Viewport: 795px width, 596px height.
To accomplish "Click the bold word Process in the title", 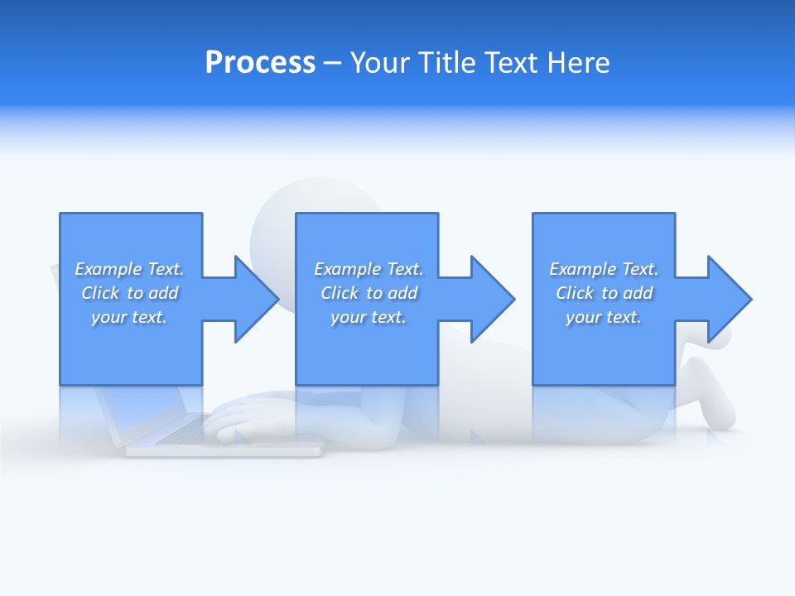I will pyautogui.click(x=260, y=63).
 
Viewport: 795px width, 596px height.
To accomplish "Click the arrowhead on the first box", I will pyautogui.click(x=255, y=299).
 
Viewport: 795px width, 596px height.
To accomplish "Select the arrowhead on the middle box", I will pyautogui.click(x=491, y=299).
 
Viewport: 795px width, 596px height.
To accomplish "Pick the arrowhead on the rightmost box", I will pyautogui.click(x=728, y=299).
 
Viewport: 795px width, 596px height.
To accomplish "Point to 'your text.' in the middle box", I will pyautogui.click(x=368, y=317).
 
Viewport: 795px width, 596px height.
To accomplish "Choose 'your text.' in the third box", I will pyautogui.click(x=603, y=317).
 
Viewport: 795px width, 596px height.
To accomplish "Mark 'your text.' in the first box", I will pyautogui.click(x=128, y=317).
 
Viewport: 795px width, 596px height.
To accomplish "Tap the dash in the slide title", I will pyautogui.click(x=332, y=63).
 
